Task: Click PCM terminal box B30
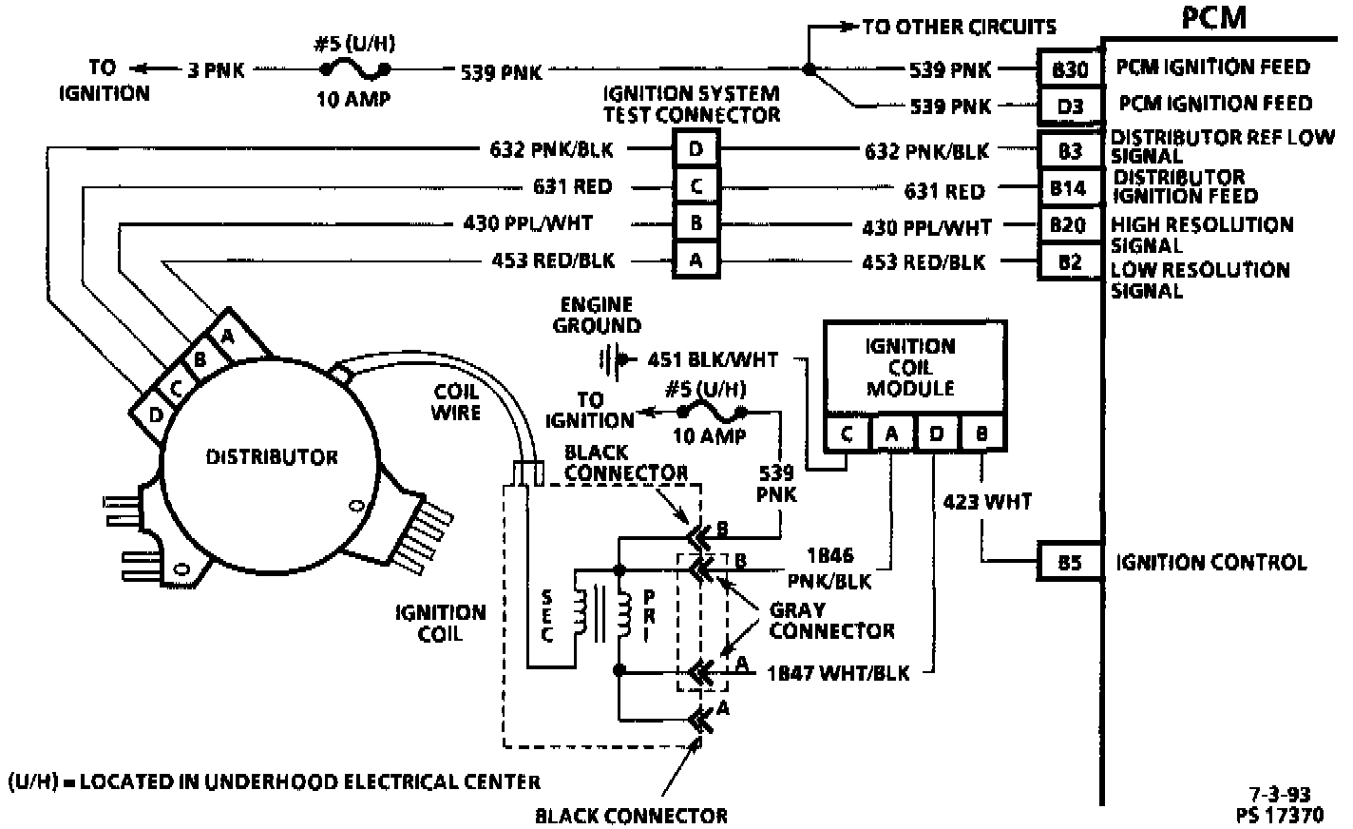pos(1069,68)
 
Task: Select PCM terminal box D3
pos(1069,106)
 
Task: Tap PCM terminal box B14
pos(1069,188)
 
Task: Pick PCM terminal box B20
pos(1069,225)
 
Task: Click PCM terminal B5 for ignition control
pos(1069,562)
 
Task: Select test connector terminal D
pos(696,149)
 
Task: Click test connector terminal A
pos(696,260)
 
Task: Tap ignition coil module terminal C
pos(847,434)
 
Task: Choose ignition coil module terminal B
pos(981,434)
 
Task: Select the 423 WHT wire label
pos(988,500)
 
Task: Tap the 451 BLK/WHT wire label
pos(712,360)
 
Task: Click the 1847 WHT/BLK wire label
pos(837,672)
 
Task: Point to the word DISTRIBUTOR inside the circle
pos(272,457)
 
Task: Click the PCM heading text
pos(1213,17)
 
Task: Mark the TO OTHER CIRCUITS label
pos(959,27)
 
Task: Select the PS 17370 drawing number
pos(1280,814)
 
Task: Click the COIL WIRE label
pos(456,401)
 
